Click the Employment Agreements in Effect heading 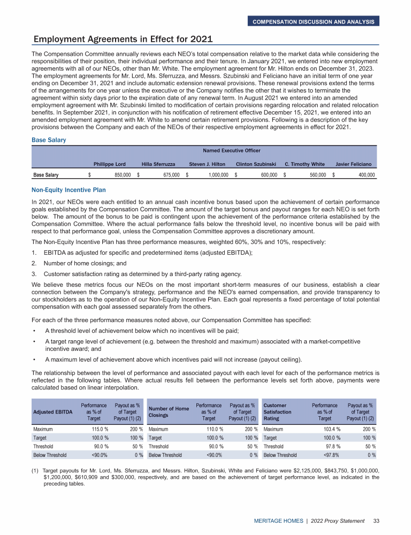[123, 39]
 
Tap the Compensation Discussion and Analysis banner [314, 21]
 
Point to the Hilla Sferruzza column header [159, 163]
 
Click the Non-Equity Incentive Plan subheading [69, 190]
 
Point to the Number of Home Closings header [169, 411]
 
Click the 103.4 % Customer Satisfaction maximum [328, 429]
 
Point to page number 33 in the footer [376, 520]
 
